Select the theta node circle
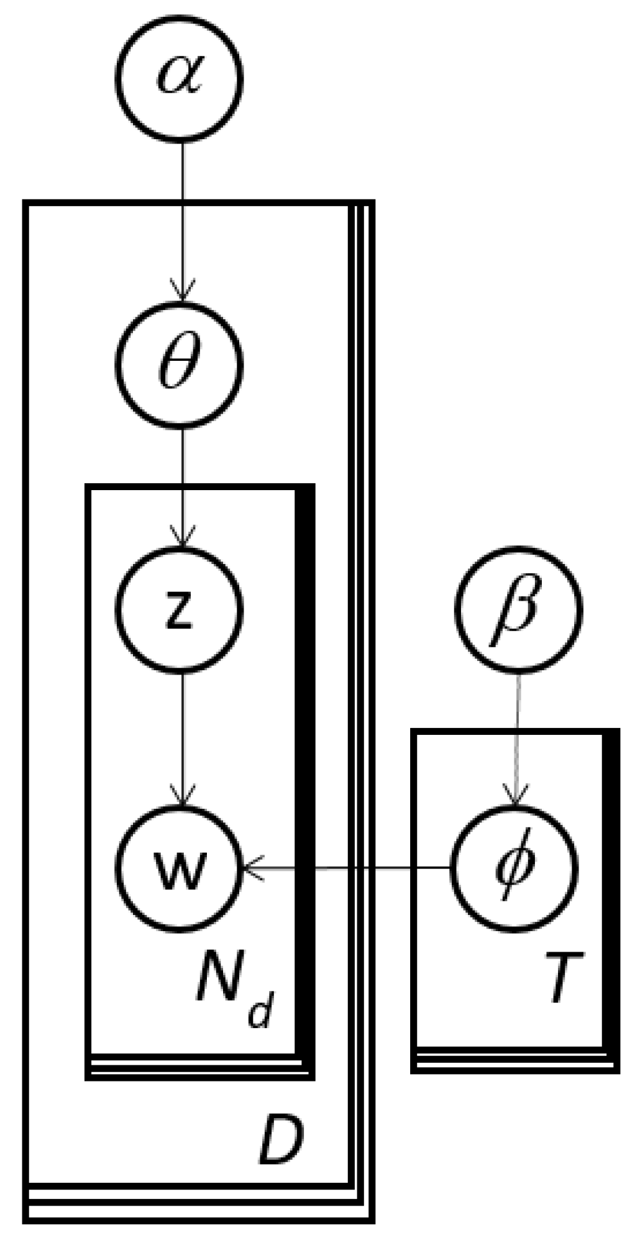tap(180, 365)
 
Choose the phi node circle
tap(514, 868)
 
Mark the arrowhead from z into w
tap(182, 797)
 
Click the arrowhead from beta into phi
tap(515, 797)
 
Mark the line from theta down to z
tap(182, 478)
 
